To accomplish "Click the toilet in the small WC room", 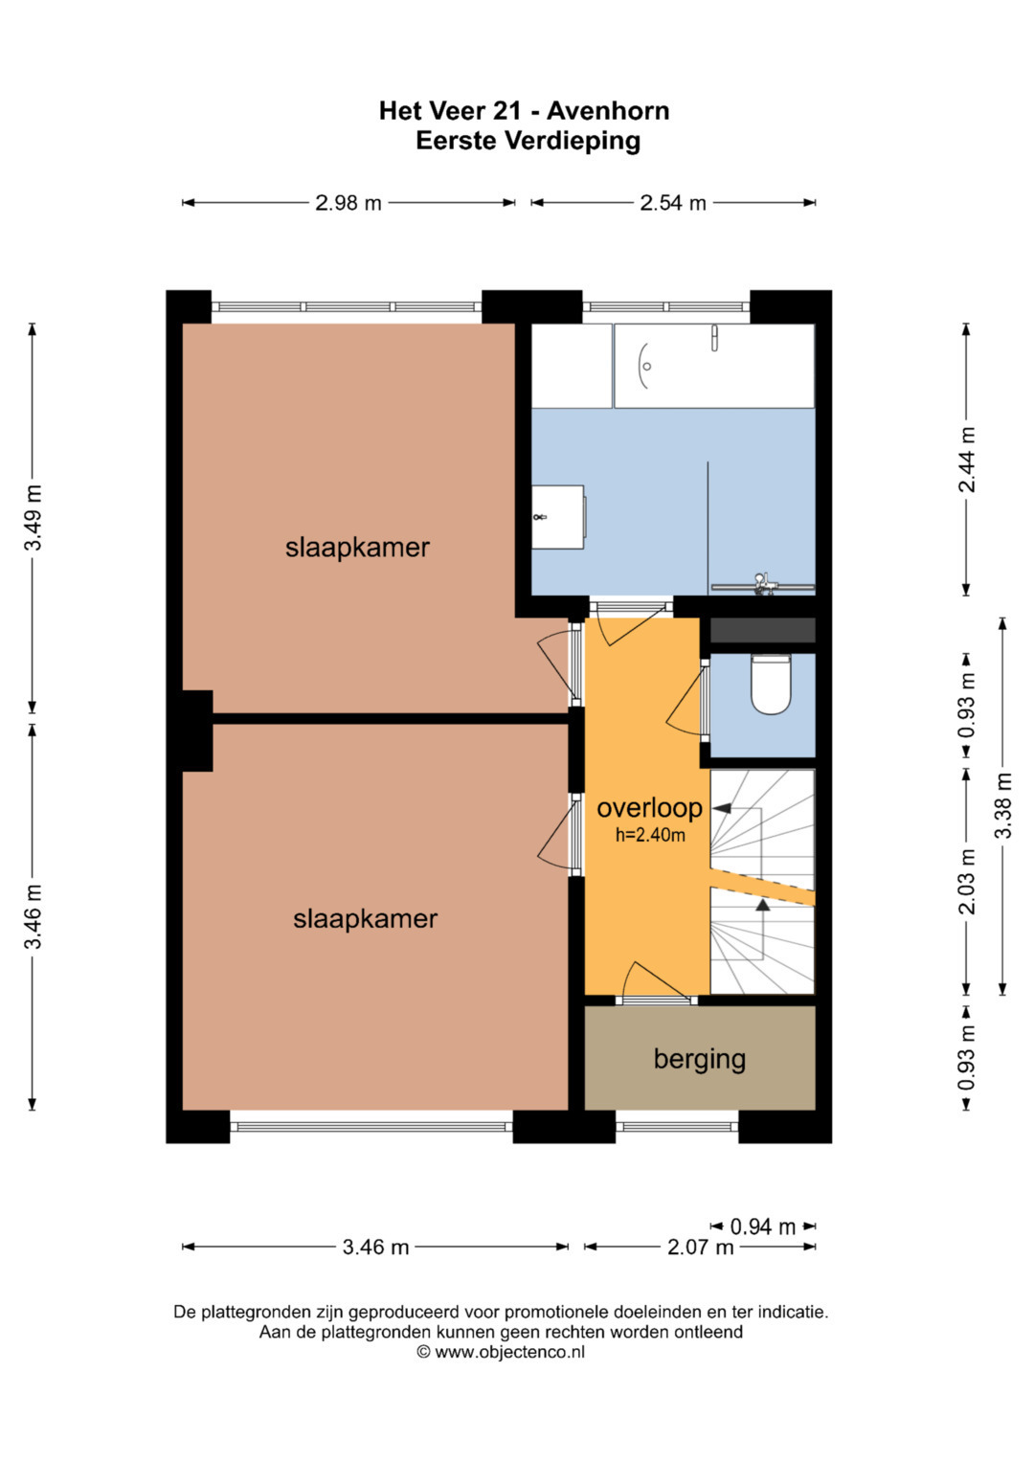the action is (x=771, y=684).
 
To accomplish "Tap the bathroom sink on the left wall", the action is (x=558, y=517).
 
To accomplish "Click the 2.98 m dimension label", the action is (x=348, y=203).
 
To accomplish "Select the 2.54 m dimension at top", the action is (x=672, y=203).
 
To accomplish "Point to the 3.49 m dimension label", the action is (x=34, y=518).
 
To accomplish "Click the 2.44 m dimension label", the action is (x=967, y=460).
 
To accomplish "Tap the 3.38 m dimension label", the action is (x=1003, y=805).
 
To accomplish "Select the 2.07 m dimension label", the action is (x=700, y=1248).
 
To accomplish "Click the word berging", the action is (x=699, y=1060).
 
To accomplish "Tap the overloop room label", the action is (x=649, y=808).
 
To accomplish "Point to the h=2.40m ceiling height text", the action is (x=650, y=835).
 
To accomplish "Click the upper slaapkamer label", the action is (x=357, y=548).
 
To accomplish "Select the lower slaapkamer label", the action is (x=365, y=919).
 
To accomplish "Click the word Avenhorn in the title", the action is (x=608, y=111).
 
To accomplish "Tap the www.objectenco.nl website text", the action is (x=509, y=1351).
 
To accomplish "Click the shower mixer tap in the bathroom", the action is (x=762, y=583).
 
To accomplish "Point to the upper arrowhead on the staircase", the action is (x=721, y=809).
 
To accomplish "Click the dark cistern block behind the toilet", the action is (x=762, y=630).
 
